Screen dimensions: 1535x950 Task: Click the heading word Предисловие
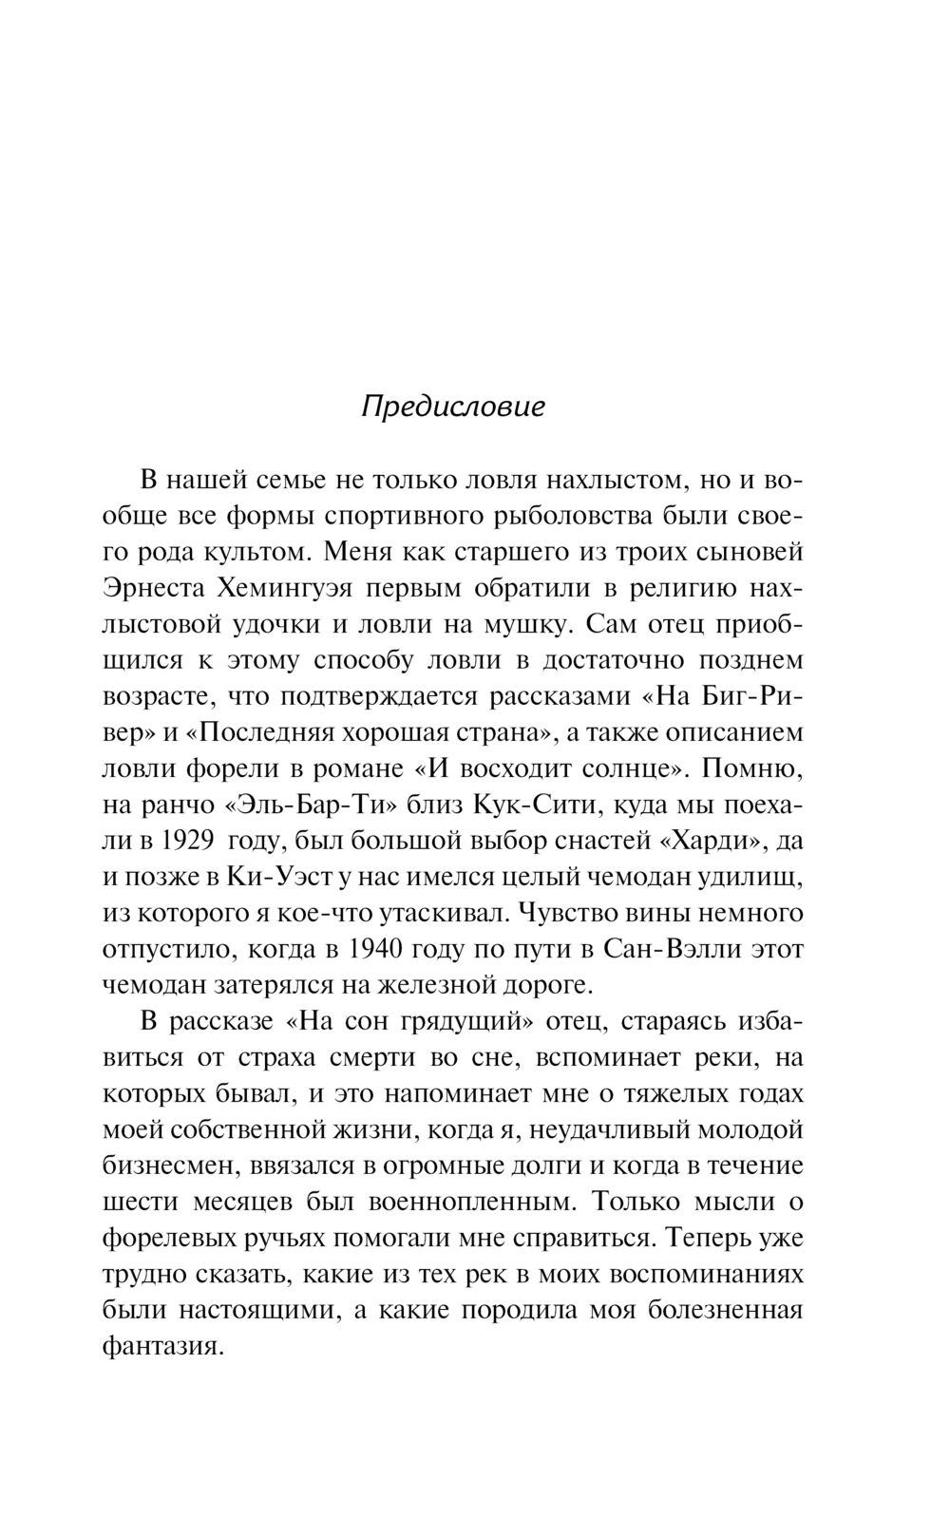(x=454, y=407)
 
